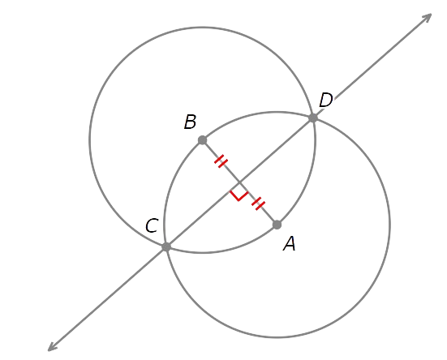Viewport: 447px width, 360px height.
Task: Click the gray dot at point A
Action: click(x=277, y=225)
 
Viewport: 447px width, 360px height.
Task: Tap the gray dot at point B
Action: click(x=202, y=140)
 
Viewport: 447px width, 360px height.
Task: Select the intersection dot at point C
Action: click(x=166, y=246)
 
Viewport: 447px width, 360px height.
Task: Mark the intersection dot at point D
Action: click(x=313, y=118)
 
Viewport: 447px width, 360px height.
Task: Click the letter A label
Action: click(x=290, y=244)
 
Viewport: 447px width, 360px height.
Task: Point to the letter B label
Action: click(x=190, y=122)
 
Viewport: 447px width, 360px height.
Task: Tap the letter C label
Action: click(x=152, y=225)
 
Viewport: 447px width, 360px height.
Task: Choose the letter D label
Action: click(x=326, y=101)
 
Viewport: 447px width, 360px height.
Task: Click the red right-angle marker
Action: click(x=239, y=196)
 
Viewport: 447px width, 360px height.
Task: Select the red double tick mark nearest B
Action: click(x=221, y=161)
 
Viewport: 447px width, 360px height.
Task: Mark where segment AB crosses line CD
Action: click(x=239, y=182)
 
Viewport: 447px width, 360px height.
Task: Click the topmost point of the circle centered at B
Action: click(x=202, y=28)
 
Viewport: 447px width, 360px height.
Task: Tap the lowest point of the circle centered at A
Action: click(x=277, y=337)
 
